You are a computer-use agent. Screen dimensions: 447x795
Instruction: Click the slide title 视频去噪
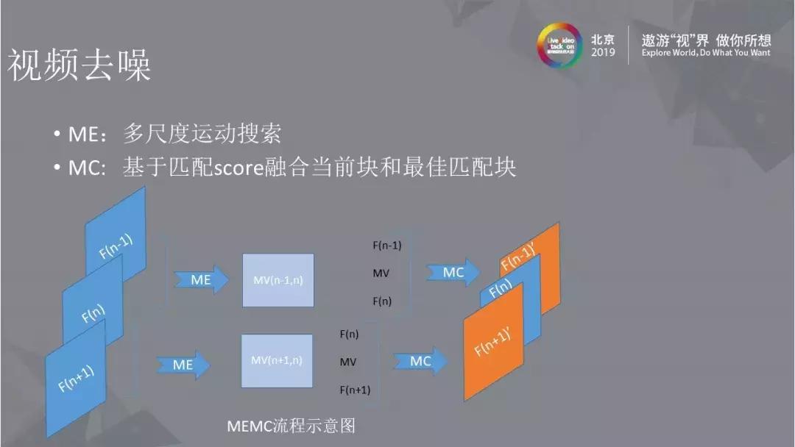[79, 66]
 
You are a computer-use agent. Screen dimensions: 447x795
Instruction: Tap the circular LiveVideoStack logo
[559, 45]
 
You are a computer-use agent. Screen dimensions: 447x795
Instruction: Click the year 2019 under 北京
[603, 53]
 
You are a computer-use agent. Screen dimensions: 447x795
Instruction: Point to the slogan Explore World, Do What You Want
[705, 53]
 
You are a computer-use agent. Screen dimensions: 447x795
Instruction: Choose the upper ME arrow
[201, 280]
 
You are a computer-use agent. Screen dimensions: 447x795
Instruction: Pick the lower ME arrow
[183, 365]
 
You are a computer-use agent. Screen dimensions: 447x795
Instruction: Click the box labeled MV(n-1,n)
[278, 280]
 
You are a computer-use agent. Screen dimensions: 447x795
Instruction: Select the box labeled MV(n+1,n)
[277, 360]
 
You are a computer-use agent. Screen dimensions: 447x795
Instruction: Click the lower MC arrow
[420, 361]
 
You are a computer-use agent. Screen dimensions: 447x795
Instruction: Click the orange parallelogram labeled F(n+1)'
[493, 346]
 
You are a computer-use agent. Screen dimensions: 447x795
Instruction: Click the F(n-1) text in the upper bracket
[387, 246]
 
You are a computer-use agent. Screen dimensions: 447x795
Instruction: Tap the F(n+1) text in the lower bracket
[355, 390]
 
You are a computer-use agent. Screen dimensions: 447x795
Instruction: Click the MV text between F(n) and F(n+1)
[348, 362]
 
